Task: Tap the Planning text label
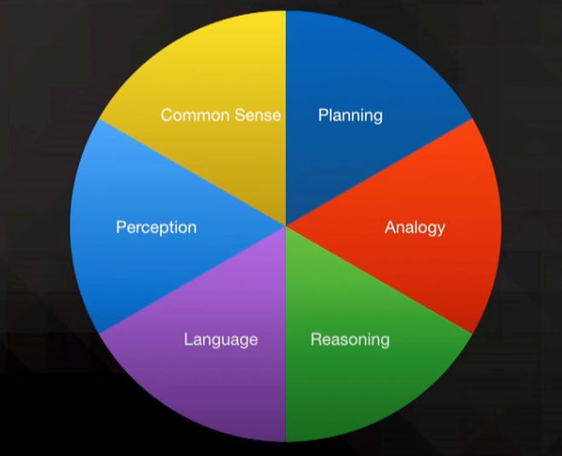pyautogui.click(x=350, y=115)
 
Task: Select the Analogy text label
pyautogui.click(x=414, y=228)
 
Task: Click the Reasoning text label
pyautogui.click(x=350, y=340)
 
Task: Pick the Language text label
pyautogui.click(x=220, y=340)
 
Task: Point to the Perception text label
pyautogui.click(x=156, y=228)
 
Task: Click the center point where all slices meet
pyautogui.click(x=285, y=226)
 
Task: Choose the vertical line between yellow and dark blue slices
pyautogui.click(x=285, y=68)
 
